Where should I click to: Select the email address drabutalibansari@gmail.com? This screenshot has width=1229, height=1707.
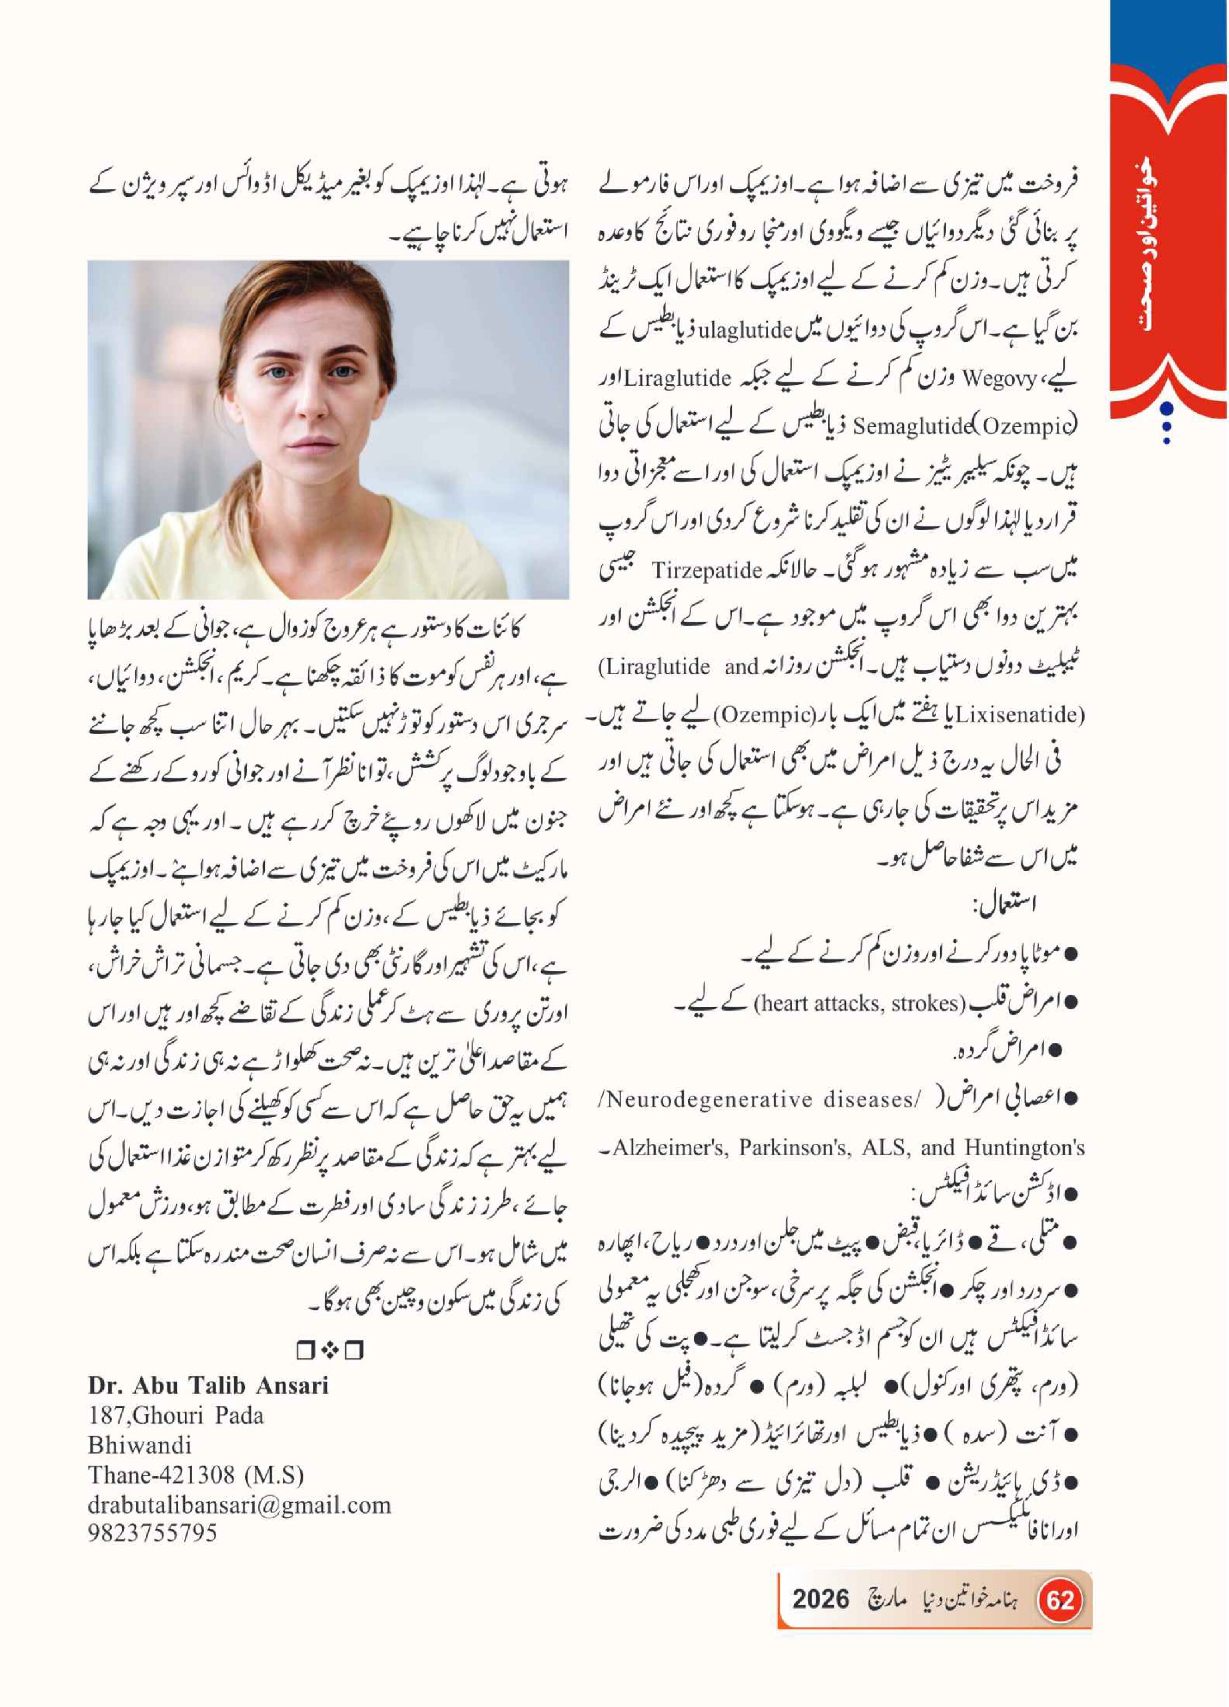239,1505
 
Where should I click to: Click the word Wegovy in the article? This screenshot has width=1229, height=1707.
999,379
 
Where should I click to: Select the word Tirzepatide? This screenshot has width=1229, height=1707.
707,570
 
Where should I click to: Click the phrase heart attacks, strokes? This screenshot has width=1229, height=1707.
859,1003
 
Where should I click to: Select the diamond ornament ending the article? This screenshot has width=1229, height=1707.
329,1351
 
